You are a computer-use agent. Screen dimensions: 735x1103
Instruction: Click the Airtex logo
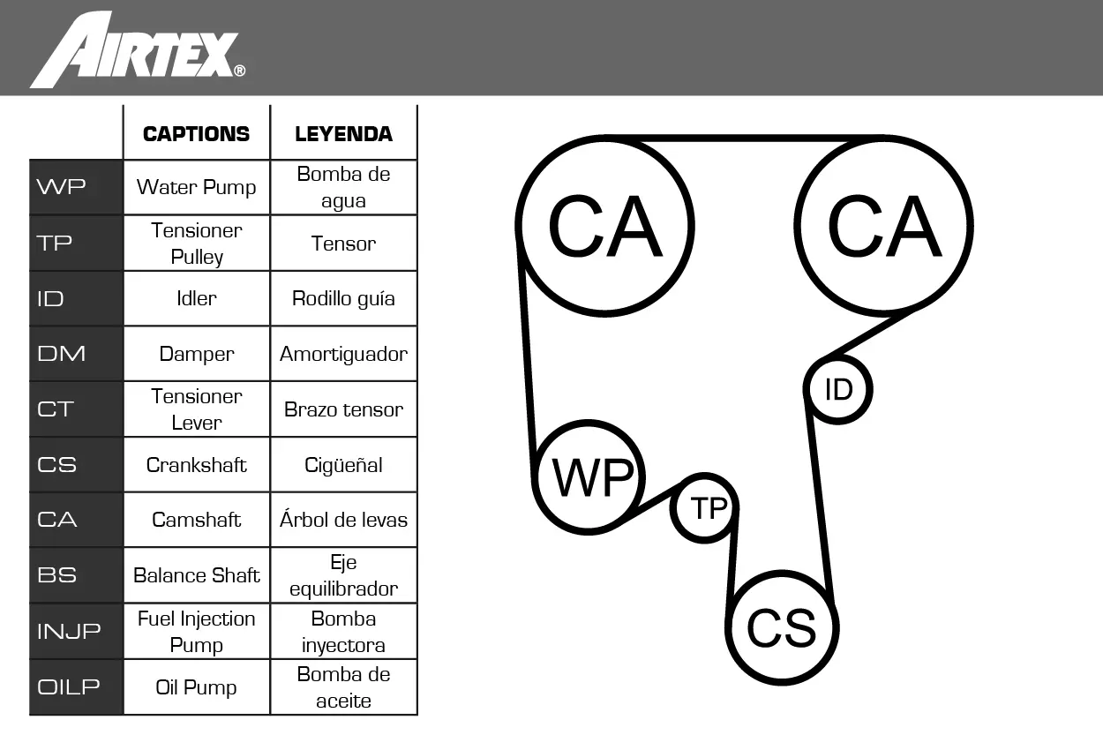tap(138, 50)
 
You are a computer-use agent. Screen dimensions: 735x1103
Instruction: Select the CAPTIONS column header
tap(196, 134)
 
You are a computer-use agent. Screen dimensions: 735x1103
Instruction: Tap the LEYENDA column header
tap(343, 134)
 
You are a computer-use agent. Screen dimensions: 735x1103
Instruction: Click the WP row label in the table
tap(76, 187)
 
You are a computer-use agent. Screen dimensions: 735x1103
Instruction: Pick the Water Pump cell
tap(196, 187)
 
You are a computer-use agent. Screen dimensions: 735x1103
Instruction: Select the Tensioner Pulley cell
tap(196, 244)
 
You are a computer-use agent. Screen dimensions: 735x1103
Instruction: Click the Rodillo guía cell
tap(343, 298)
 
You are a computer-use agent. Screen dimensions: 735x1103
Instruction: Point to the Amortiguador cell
tap(343, 354)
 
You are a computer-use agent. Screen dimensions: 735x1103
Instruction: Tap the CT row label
tap(76, 409)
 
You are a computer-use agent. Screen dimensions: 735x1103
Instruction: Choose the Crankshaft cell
tap(196, 465)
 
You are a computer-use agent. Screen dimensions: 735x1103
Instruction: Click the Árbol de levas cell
tap(343, 520)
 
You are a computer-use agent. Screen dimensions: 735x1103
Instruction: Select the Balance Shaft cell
tap(196, 575)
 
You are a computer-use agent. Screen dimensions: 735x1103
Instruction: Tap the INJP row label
tap(76, 631)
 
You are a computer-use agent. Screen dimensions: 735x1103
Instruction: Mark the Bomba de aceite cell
tap(343, 687)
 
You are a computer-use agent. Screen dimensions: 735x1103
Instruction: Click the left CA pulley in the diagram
tap(605, 226)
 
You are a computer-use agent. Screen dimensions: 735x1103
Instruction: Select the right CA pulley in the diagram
tap(883, 226)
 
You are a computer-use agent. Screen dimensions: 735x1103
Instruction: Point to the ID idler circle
tap(838, 388)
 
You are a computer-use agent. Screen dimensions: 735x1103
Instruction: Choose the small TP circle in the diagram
tap(705, 508)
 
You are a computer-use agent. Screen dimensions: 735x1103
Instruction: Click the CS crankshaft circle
tap(782, 628)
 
